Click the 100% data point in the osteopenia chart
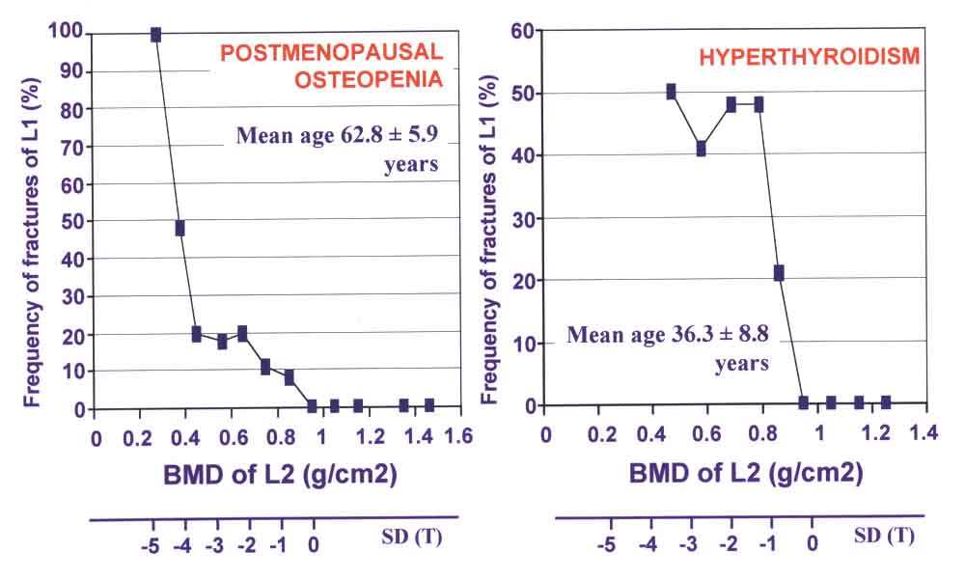[x=155, y=35]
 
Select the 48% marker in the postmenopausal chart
[x=179, y=229]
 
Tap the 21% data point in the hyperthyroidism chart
[x=779, y=273]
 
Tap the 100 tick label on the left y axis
[x=70, y=35]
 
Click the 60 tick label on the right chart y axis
[x=523, y=31]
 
